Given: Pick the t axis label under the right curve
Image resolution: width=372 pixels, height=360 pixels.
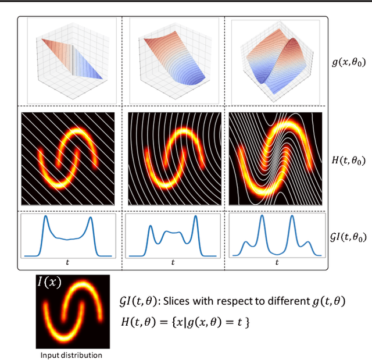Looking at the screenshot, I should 276,262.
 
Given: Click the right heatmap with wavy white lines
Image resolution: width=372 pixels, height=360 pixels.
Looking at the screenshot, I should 277,159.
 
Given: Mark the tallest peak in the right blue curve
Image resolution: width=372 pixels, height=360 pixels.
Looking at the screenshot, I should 262,218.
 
